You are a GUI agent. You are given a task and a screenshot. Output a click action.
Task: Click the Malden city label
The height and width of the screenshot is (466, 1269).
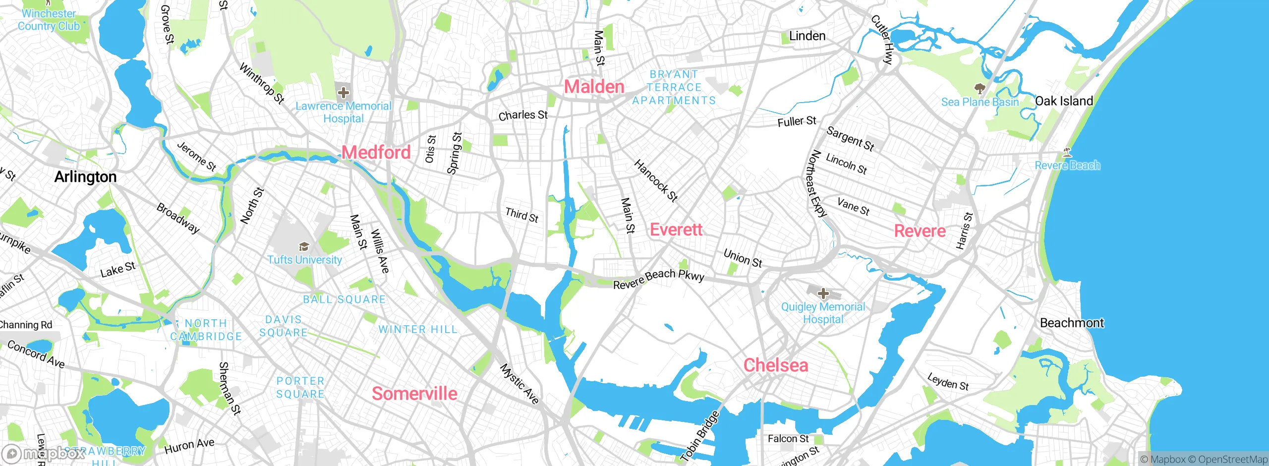click(594, 87)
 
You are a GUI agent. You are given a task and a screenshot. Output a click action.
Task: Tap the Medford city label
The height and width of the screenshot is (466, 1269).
click(376, 152)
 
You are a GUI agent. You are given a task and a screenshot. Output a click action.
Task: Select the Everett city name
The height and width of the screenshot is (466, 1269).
click(676, 230)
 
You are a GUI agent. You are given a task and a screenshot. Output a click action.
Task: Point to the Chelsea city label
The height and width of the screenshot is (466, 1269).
click(776, 365)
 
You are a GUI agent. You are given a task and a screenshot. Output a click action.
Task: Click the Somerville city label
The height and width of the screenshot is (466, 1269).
click(414, 394)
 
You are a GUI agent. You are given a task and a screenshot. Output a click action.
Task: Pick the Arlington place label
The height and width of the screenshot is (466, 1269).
click(85, 177)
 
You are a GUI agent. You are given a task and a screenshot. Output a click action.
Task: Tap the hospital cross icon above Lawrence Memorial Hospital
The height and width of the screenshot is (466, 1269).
click(343, 92)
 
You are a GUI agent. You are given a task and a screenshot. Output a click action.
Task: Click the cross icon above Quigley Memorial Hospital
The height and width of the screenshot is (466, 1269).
click(823, 293)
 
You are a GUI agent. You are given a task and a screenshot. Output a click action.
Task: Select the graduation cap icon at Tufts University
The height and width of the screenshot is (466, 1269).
click(304, 246)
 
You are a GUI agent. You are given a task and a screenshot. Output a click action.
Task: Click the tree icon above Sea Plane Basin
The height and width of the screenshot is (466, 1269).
click(979, 89)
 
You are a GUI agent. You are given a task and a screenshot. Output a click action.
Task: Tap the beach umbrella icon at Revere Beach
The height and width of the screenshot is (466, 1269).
click(1067, 152)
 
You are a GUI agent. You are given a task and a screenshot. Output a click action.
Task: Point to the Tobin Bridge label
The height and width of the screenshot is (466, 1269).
click(699, 437)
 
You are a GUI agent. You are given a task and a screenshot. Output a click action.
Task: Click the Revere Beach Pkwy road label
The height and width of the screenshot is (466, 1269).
click(658, 279)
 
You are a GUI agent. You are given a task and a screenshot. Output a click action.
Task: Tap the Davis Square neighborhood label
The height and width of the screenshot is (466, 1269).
click(283, 326)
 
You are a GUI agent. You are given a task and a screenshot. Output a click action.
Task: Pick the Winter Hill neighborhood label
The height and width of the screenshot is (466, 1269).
click(417, 329)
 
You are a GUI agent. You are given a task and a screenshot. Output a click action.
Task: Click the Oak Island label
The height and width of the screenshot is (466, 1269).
click(1064, 101)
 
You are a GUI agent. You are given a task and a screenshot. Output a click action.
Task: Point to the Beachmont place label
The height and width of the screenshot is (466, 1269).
click(1072, 323)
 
